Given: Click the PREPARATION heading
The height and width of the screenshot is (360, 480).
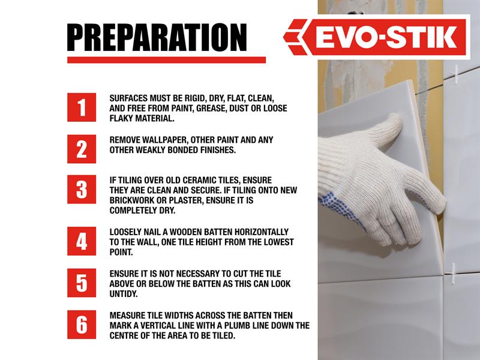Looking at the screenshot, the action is (157, 37).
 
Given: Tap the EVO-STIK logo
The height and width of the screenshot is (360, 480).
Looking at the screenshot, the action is (376, 37).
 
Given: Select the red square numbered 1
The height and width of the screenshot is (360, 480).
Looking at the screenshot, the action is (82, 107).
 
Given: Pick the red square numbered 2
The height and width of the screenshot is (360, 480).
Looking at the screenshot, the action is (82, 149).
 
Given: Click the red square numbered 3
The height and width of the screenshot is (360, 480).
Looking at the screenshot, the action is (82, 190).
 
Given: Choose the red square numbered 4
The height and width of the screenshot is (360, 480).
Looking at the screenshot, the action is (82, 241).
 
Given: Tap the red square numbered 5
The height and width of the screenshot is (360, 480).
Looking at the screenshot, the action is (82, 283).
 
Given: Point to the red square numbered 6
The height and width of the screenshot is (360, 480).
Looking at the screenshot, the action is (82, 325).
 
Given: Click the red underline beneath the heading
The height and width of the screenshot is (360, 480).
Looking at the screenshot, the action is (167, 60).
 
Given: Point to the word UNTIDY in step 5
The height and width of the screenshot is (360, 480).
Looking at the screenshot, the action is (124, 294).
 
